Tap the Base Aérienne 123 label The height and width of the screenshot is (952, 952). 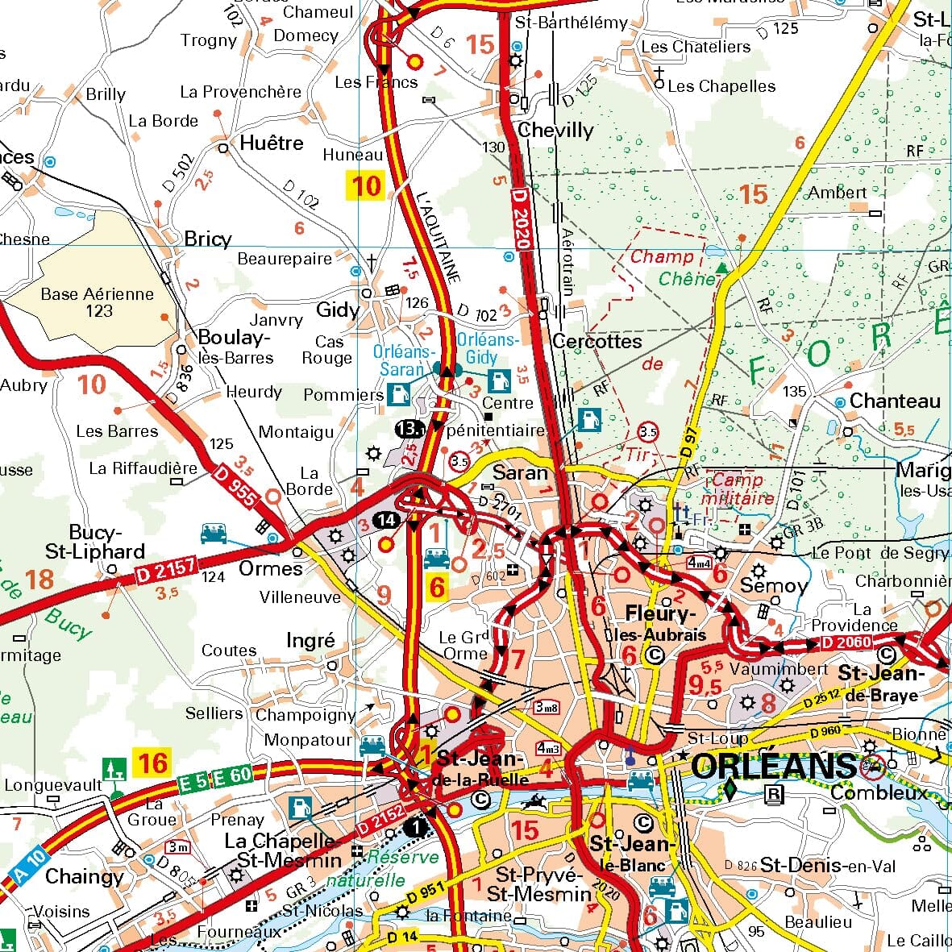[98, 302]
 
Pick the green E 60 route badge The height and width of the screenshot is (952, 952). [234, 776]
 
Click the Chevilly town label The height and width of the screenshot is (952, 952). [555, 131]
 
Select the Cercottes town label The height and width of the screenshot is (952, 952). [597, 341]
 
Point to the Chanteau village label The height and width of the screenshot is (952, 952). [895, 401]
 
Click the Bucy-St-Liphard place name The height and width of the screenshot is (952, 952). [95, 543]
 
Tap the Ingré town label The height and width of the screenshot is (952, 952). [310, 640]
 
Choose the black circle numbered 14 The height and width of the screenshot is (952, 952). [387, 521]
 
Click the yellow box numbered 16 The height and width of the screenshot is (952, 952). [153, 762]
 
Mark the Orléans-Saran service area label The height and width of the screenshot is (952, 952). [403, 360]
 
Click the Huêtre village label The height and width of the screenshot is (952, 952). [272, 143]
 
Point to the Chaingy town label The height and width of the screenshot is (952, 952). [85, 876]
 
